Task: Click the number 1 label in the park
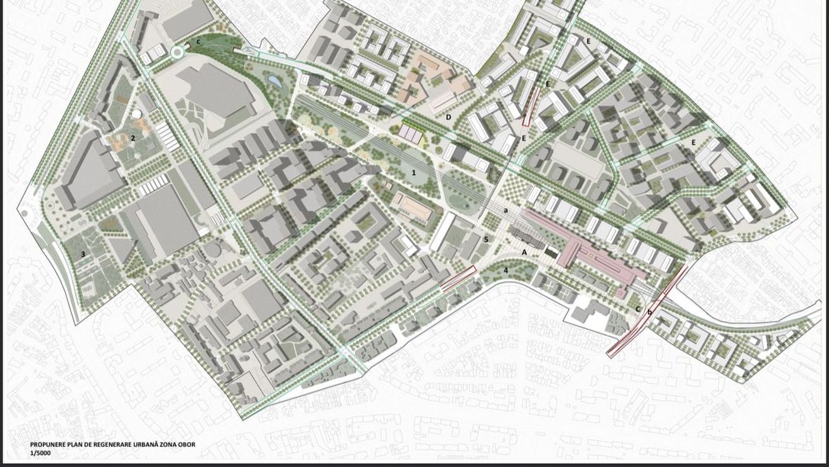[414, 172]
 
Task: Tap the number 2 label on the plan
[133, 138]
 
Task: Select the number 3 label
[82, 255]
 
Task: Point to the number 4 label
[506, 271]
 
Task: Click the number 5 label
[486, 239]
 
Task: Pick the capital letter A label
[525, 252]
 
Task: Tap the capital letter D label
[448, 118]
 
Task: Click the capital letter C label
[638, 309]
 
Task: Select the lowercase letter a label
[506, 211]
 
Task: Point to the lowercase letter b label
[650, 312]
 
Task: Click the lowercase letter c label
[198, 42]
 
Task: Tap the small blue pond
[274, 80]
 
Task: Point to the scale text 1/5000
[41, 453]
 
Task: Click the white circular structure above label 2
[136, 115]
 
